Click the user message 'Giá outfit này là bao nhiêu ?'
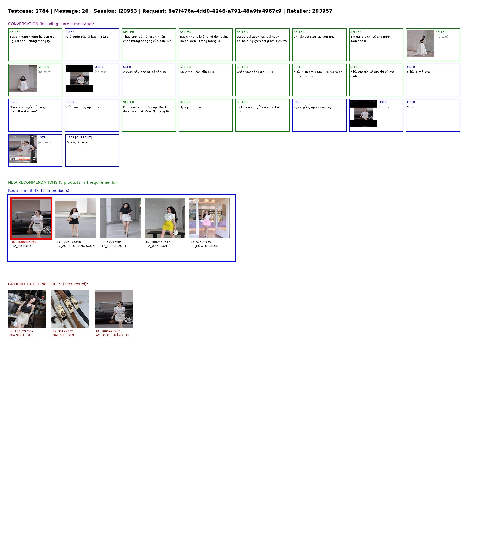pos(87,37)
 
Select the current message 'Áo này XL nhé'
pos(77,142)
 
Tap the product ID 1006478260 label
pos(24,242)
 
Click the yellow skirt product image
pos(165,218)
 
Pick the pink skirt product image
pos(210,218)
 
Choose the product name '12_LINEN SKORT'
pos(114,246)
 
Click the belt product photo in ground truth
pos(70,309)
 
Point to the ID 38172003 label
pos(63,331)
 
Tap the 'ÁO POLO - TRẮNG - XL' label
pos(113,335)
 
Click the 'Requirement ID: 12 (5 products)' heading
pos(39,191)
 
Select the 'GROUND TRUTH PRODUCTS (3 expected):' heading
pos(48,284)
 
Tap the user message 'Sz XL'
pos(411,107)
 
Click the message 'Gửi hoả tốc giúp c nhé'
pos(83,107)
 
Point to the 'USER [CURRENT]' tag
pos(79,137)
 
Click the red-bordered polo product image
pos(31,218)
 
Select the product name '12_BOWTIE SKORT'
pos(205,246)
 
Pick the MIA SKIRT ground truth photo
pos(27,309)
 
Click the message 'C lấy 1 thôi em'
pos(418,72)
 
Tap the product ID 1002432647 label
pos(158,242)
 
